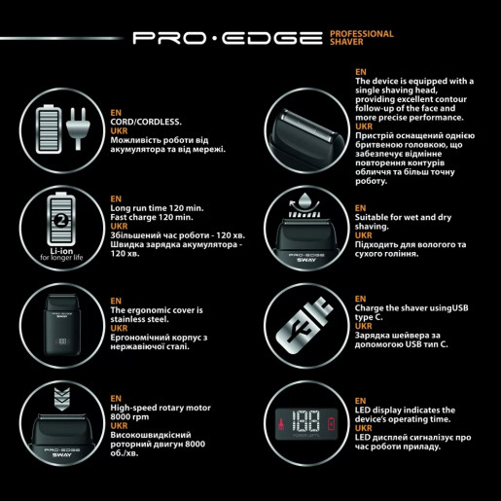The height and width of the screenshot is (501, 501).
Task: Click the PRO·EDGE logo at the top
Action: click(226, 39)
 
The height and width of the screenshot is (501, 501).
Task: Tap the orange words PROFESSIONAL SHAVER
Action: click(362, 38)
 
